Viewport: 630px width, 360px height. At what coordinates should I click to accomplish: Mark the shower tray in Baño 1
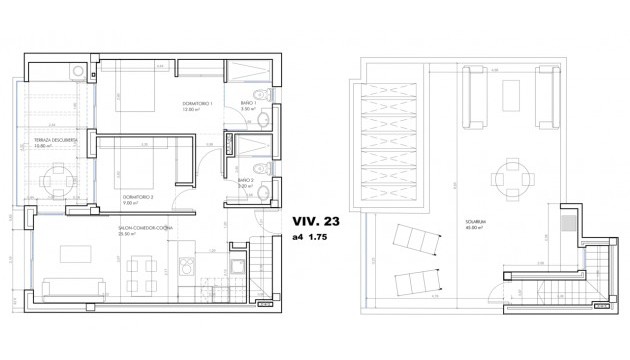pos(248,76)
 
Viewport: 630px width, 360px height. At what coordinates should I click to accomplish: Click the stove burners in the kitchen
pos(186,267)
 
